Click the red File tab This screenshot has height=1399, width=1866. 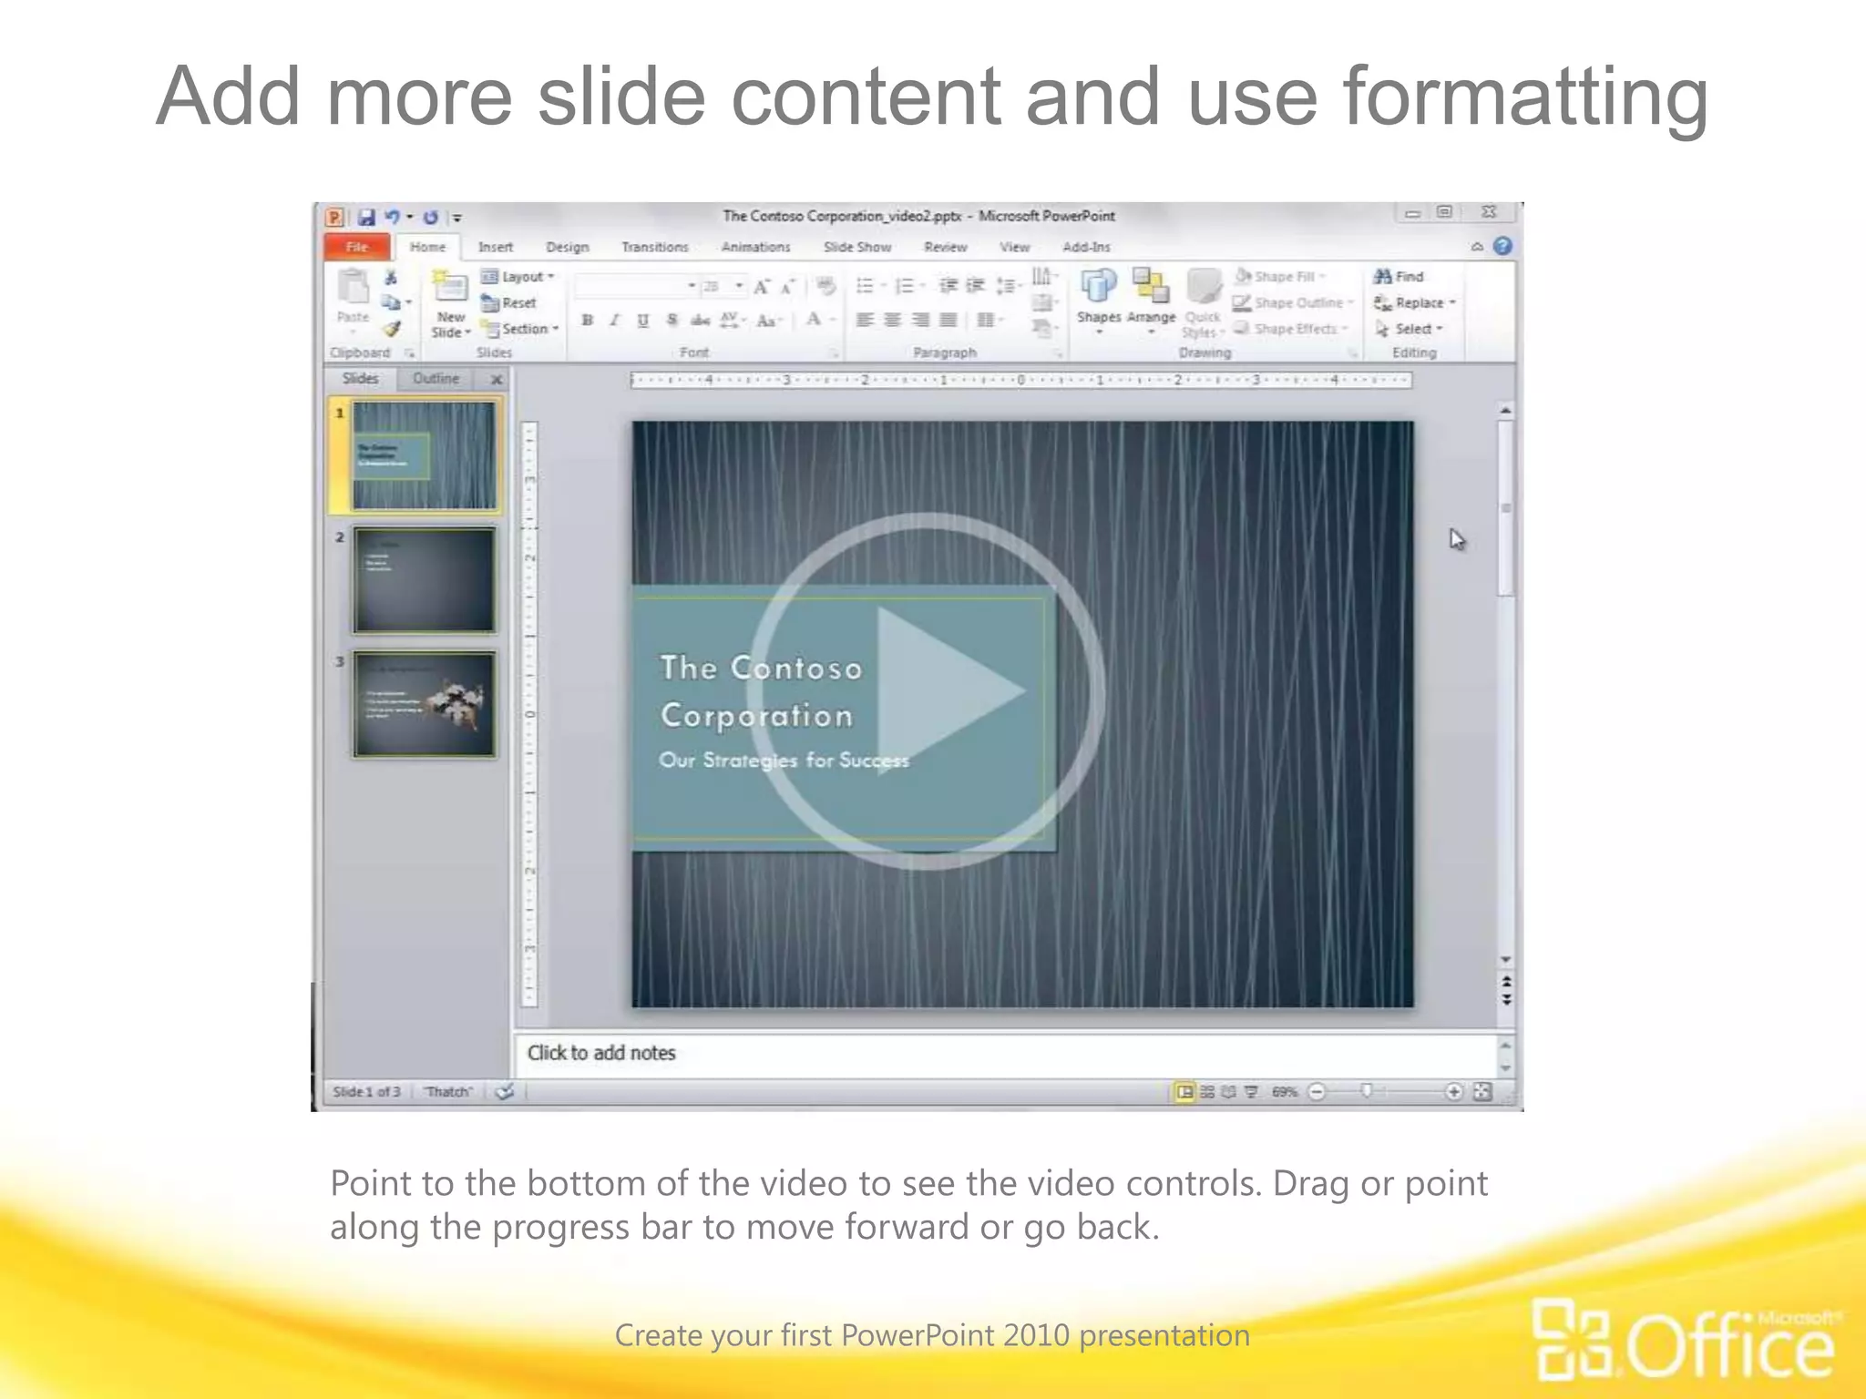pyautogui.click(x=357, y=247)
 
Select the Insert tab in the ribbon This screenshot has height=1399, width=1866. pyautogui.click(x=496, y=247)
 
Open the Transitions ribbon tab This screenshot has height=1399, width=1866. pyautogui.click(x=654, y=247)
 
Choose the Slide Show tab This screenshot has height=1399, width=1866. pyautogui.click(x=857, y=247)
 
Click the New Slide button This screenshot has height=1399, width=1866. pyautogui.click(x=450, y=305)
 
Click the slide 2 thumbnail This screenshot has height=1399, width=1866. pyautogui.click(x=425, y=579)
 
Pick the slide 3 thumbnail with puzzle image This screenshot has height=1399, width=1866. pyautogui.click(x=425, y=704)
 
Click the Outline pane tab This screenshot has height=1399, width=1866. pyautogui.click(x=436, y=378)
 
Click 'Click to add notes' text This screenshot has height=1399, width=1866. pyautogui.click(x=601, y=1053)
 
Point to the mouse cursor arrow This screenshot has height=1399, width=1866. pyautogui.click(x=1456, y=538)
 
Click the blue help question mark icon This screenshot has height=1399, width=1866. pyautogui.click(x=1502, y=246)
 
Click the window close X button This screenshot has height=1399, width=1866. pyautogui.click(x=1489, y=212)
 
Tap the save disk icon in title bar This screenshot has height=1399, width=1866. pyautogui.click(x=366, y=217)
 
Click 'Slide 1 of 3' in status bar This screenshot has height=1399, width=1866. pyautogui.click(x=366, y=1091)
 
